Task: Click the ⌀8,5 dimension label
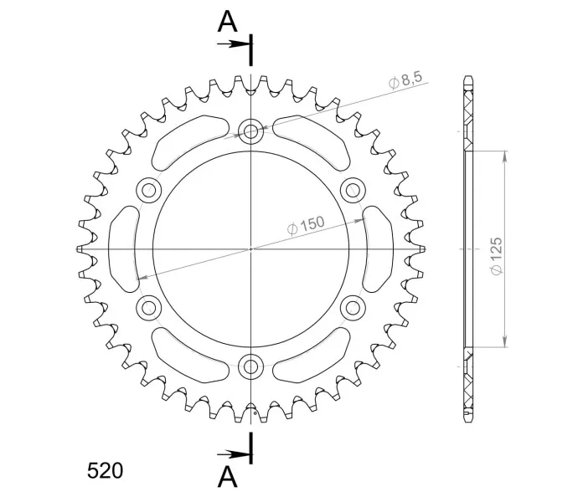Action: pos(405,81)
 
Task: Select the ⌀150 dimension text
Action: pos(306,226)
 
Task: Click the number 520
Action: pos(105,471)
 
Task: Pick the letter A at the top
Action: pos(227,21)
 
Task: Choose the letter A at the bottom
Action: pos(227,476)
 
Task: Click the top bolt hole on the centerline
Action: pos(251,131)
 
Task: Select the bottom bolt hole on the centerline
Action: pos(251,366)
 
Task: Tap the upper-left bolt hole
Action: pos(149,190)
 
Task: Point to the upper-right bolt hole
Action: pos(353,190)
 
